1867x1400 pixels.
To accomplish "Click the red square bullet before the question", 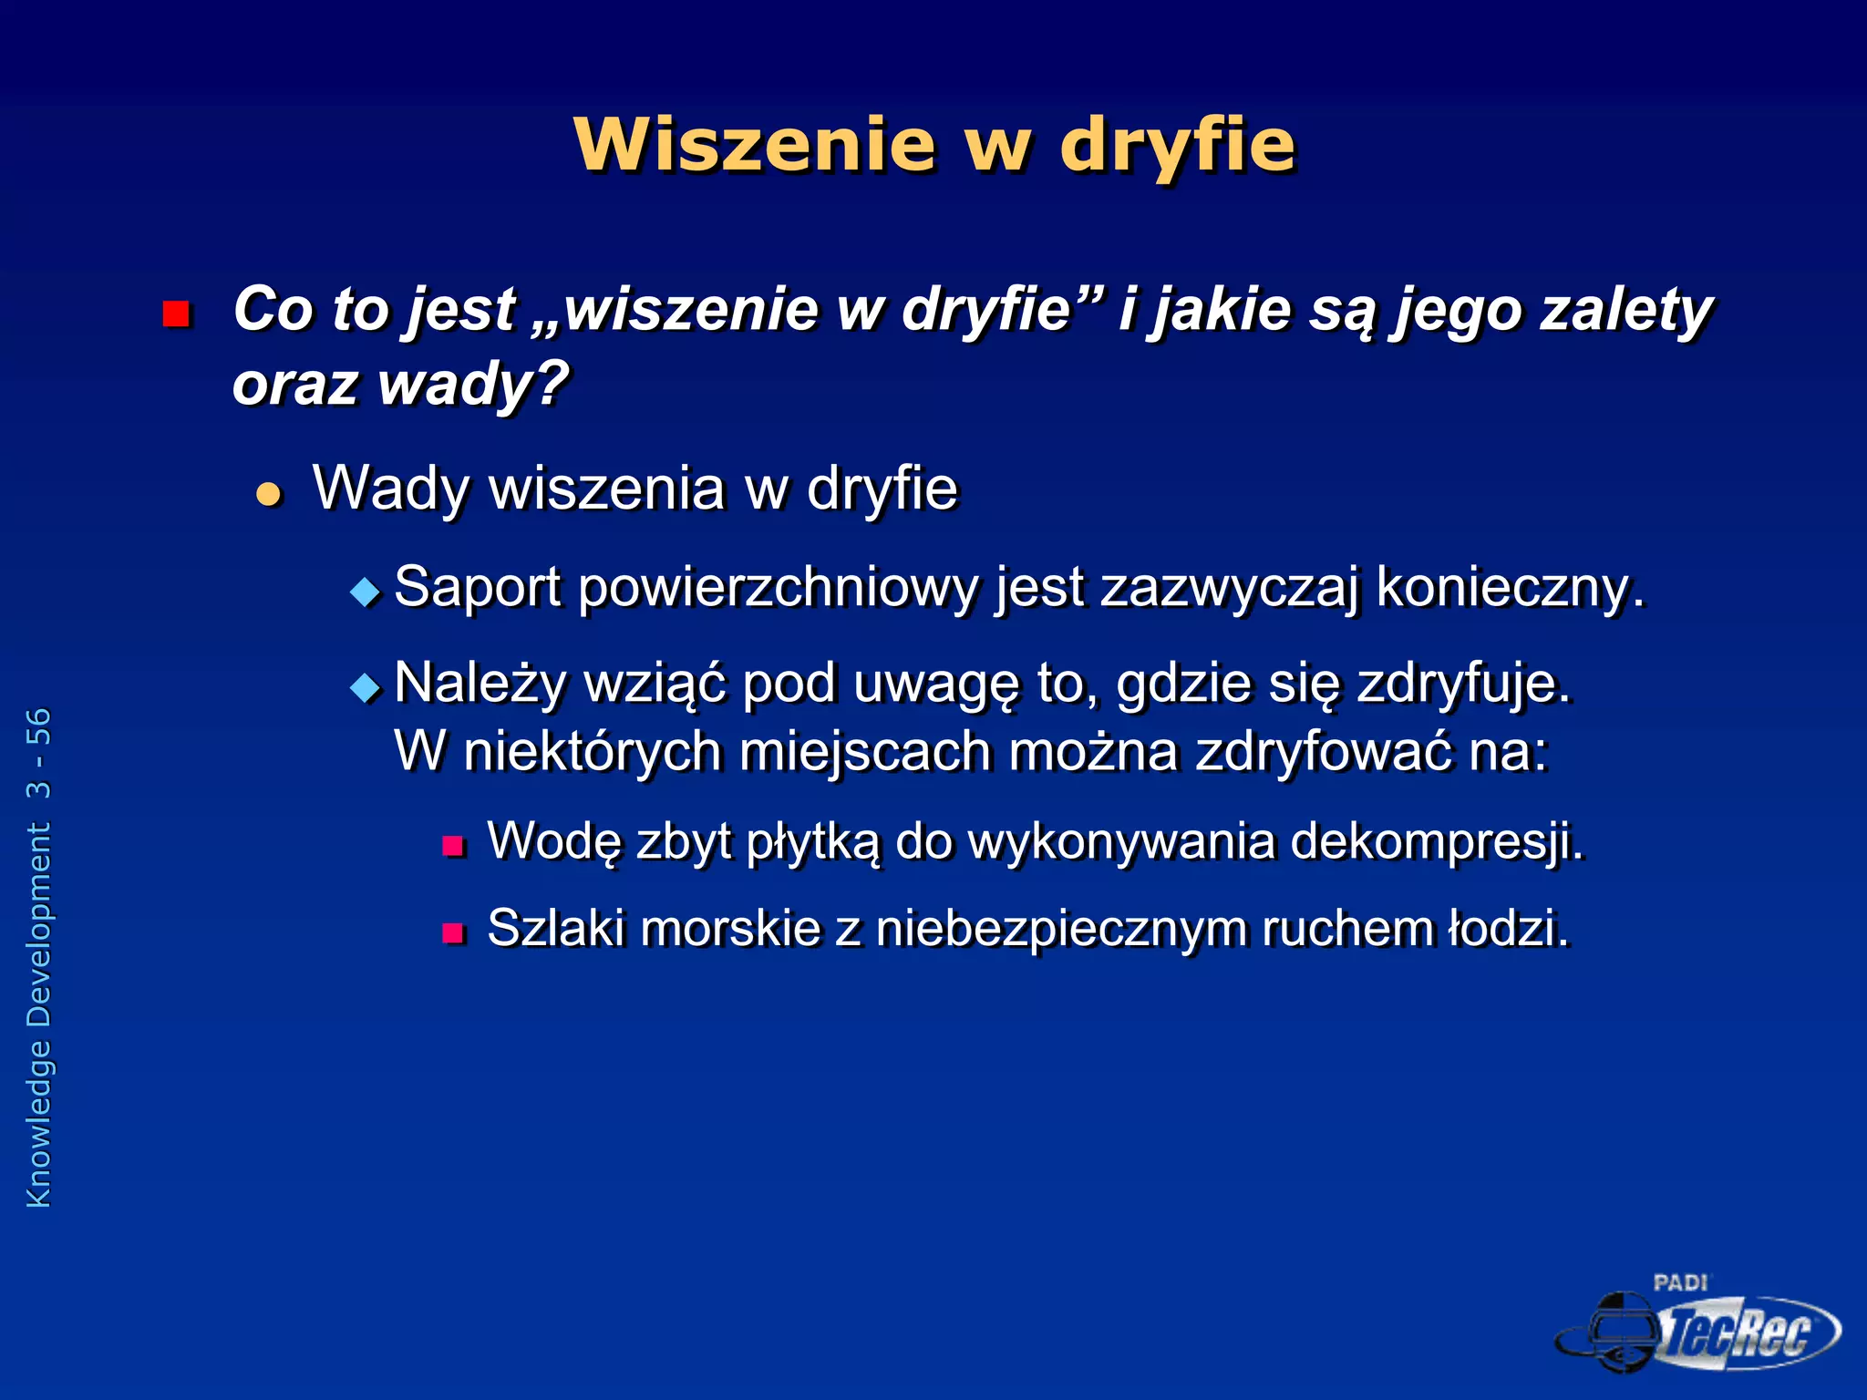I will (x=175, y=314).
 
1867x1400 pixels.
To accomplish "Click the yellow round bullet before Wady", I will (x=269, y=494).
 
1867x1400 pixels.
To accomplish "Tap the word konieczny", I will (x=1510, y=587).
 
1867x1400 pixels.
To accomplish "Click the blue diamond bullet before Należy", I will (x=366, y=686).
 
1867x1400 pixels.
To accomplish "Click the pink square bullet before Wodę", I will (x=453, y=847).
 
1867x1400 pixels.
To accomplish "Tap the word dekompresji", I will (x=1438, y=840).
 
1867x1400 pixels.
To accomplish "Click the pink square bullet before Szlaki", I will (x=453, y=933).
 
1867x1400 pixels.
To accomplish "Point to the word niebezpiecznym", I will (x=1061, y=929).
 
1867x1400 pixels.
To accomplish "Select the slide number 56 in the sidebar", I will (x=39, y=726).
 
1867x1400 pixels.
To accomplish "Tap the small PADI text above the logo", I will (x=1680, y=1282).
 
